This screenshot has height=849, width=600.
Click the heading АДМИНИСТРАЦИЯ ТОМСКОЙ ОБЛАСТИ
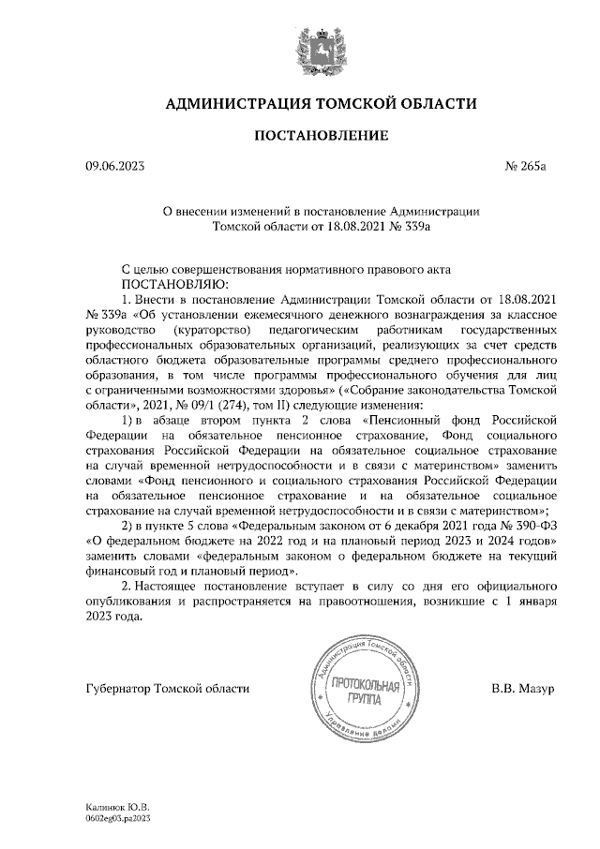point(321,102)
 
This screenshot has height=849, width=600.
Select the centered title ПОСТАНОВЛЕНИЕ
point(322,136)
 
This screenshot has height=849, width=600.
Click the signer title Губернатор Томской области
point(168,689)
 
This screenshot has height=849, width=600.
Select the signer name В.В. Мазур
point(523,689)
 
